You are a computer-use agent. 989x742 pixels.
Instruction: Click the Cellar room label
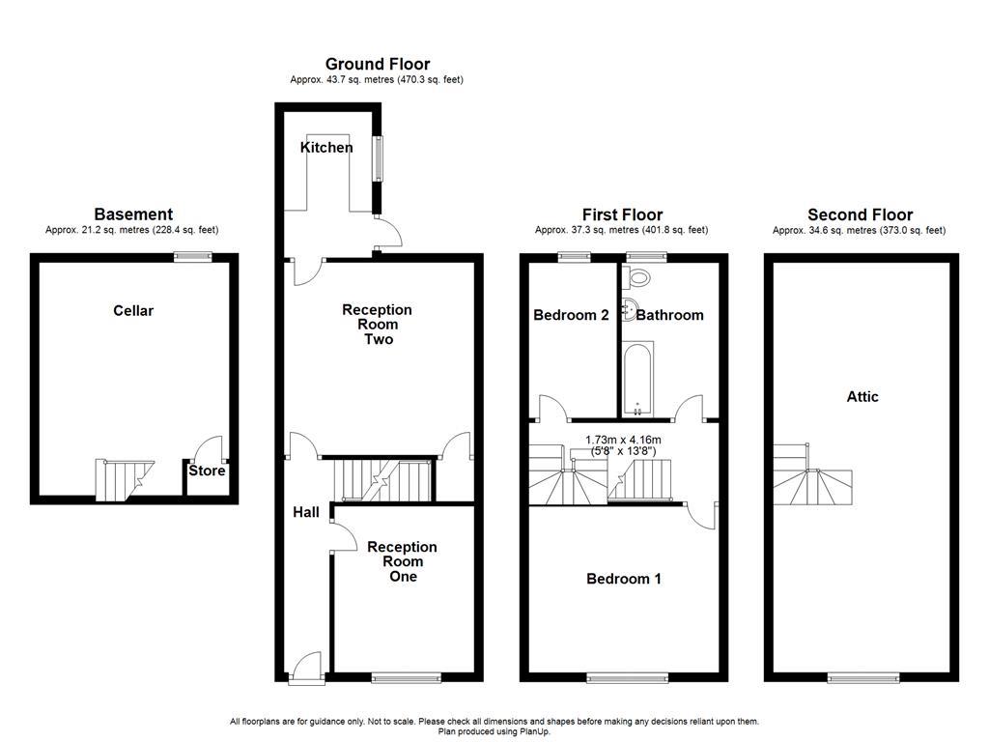click(x=133, y=311)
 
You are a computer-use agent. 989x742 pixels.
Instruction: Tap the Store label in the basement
click(x=207, y=471)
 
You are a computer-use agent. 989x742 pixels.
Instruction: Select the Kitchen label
click(x=326, y=148)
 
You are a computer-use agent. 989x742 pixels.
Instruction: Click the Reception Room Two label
click(x=377, y=325)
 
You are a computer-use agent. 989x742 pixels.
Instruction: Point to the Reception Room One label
click(x=402, y=561)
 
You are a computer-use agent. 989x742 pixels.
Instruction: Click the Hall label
click(x=306, y=512)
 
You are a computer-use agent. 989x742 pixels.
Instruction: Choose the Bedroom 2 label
click(x=571, y=315)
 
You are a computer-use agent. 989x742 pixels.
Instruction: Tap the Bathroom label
click(x=670, y=315)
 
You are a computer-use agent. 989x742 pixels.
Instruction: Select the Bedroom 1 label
click(x=624, y=579)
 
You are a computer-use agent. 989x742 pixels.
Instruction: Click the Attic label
click(x=862, y=396)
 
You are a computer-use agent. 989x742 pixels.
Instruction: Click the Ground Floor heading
click(x=378, y=65)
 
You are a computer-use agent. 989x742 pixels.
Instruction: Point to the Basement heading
click(x=133, y=214)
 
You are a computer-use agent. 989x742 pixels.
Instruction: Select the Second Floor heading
click(x=860, y=214)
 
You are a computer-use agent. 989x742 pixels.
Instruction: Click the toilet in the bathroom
click(x=637, y=277)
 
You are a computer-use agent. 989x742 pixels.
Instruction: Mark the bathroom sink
click(x=630, y=310)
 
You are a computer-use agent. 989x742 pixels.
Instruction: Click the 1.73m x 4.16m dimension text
click(x=637, y=443)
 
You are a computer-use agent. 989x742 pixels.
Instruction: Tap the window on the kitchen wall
click(x=380, y=159)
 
